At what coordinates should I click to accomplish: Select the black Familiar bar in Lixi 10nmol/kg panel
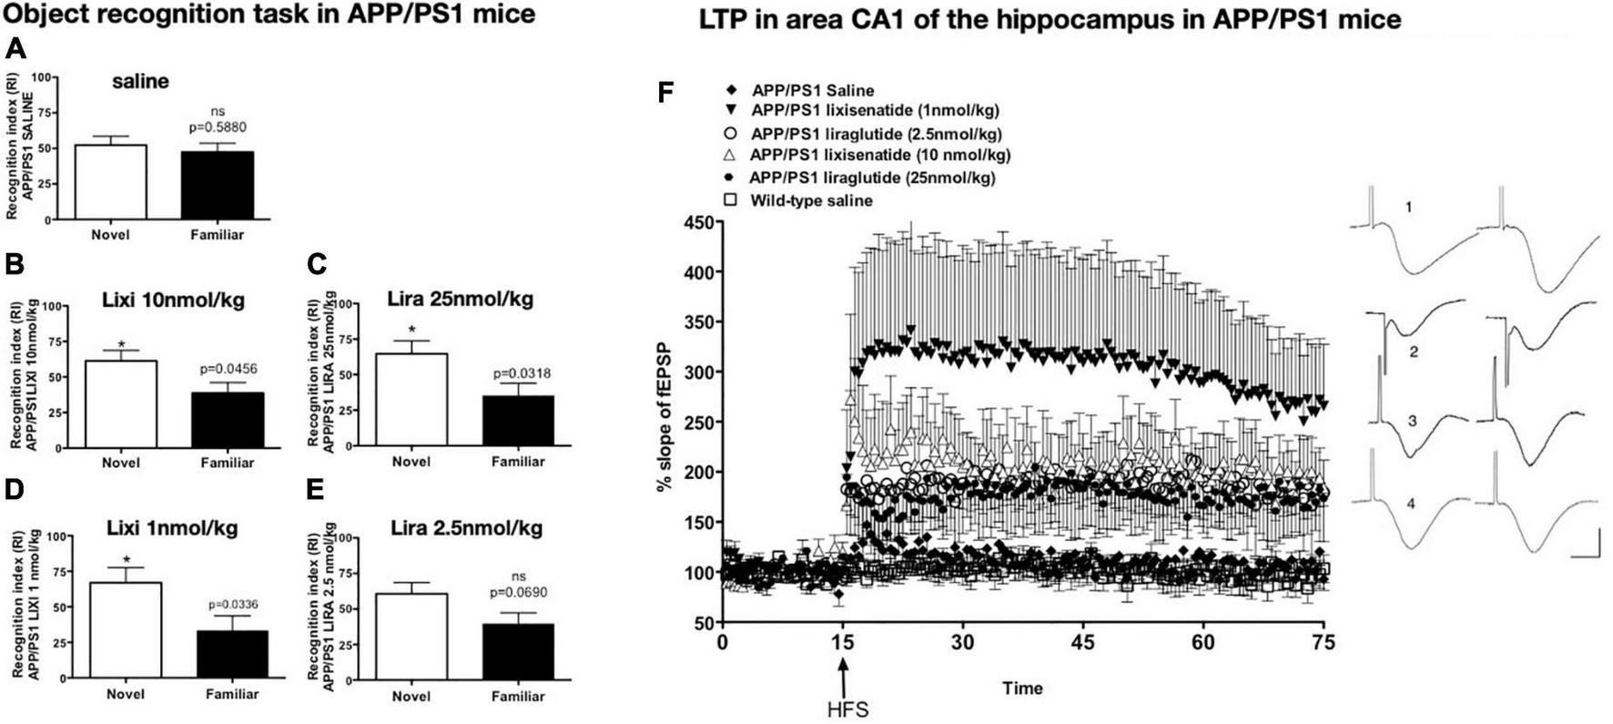click(228, 420)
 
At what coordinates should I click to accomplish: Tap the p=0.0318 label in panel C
click(521, 373)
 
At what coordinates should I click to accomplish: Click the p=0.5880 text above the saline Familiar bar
click(217, 127)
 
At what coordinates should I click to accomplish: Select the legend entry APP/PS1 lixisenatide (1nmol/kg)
click(874, 111)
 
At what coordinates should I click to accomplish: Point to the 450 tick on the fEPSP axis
click(699, 222)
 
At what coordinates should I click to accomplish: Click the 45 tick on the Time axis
click(1082, 642)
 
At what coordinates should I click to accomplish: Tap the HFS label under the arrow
click(844, 708)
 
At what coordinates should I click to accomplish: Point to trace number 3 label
click(1411, 421)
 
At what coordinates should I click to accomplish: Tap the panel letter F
click(666, 93)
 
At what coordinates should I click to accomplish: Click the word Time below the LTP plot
click(1022, 688)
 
